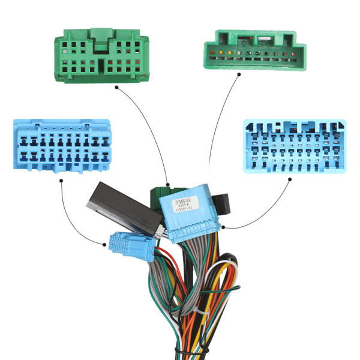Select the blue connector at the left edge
tap(61, 146)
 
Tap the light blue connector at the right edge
tap(295, 146)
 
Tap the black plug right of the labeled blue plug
tap(223, 204)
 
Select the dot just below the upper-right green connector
tap(239, 75)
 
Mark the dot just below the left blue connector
tap(62, 184)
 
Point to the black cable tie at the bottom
tap(186, 351)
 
